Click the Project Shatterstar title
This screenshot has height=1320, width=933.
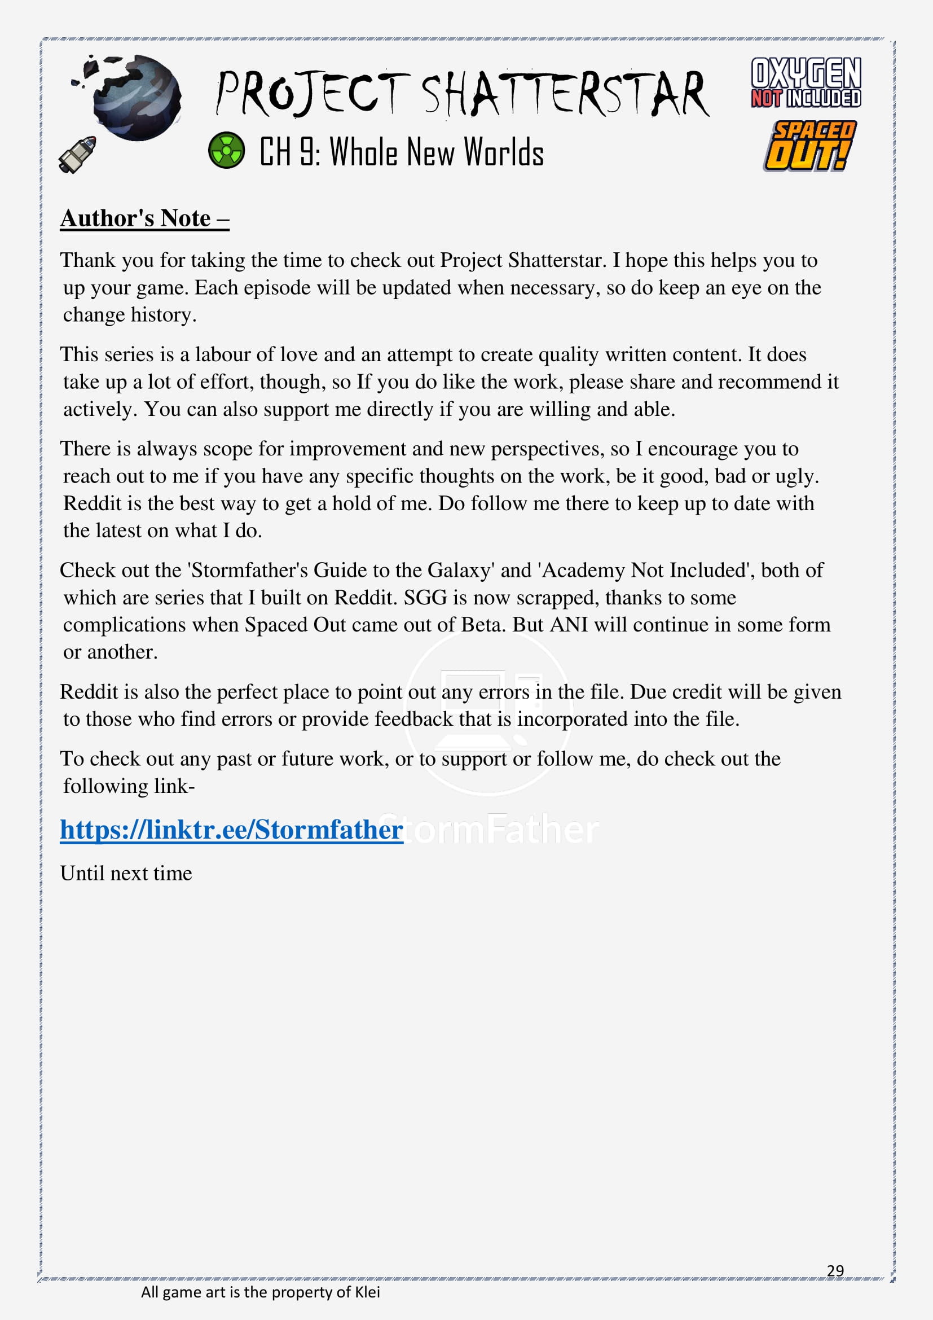[x=463, y=93]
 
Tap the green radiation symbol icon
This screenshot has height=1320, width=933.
[x=226, y=150]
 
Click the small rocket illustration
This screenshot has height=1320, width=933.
[x=77, y=154]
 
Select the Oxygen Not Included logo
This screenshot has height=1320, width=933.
[x=806, y=82]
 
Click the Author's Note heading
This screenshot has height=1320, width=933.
[x=145, y=218]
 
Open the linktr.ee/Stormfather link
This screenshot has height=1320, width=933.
[x=231, y=830]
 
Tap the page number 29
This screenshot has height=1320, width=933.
[x=835, y=1270]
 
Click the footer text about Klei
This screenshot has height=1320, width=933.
[x=260, y=1292]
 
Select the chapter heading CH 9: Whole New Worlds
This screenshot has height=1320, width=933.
[x=401, y=152]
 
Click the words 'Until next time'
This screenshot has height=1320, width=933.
[x=126, y=872]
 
